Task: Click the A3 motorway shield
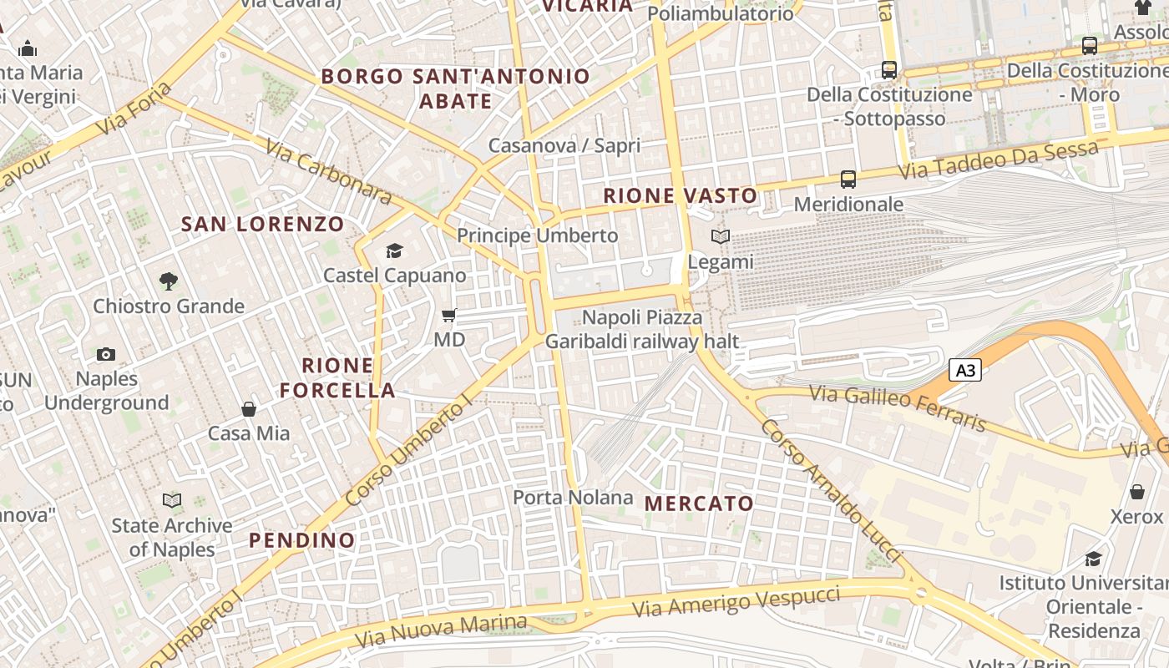(964, 370)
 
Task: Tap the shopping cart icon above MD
(449, 316)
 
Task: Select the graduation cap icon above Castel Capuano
(394, 250)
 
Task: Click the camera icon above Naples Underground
(105, 354)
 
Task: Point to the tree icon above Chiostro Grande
(169, 281)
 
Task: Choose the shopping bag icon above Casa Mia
(249, 409)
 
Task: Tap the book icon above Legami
(720, 237)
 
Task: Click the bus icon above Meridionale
(848, 179)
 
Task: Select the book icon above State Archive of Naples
(172, 500)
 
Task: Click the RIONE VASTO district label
(681, 196)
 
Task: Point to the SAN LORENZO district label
(262, 224)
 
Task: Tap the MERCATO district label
(699, 504)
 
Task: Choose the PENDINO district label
(301, 540)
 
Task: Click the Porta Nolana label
(573, 498)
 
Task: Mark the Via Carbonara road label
(328, 172)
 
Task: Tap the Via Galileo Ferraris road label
(897, 407)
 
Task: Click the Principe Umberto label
(537, 235)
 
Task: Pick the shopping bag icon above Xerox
(1136, 492)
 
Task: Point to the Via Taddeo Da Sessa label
(998, 162)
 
